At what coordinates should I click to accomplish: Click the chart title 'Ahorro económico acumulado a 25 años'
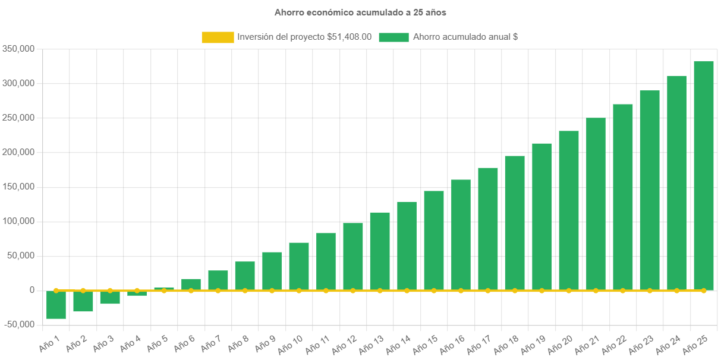point(360,12)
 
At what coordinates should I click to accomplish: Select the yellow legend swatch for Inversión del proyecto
point(218,37)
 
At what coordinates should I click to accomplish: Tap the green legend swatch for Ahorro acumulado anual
point(393,37)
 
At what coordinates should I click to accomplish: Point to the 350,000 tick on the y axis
point(18,49)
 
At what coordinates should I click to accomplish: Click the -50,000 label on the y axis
point(18,324)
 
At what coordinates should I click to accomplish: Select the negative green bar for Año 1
point(56,305)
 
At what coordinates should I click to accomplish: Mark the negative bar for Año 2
point(83,301)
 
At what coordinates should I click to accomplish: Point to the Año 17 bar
point(488,229)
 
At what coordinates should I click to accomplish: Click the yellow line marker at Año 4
point(137,290)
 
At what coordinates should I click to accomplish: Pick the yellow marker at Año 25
point(704,290)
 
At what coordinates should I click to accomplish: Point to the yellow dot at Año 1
point(56,290)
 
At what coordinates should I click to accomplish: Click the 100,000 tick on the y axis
point(18,221)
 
